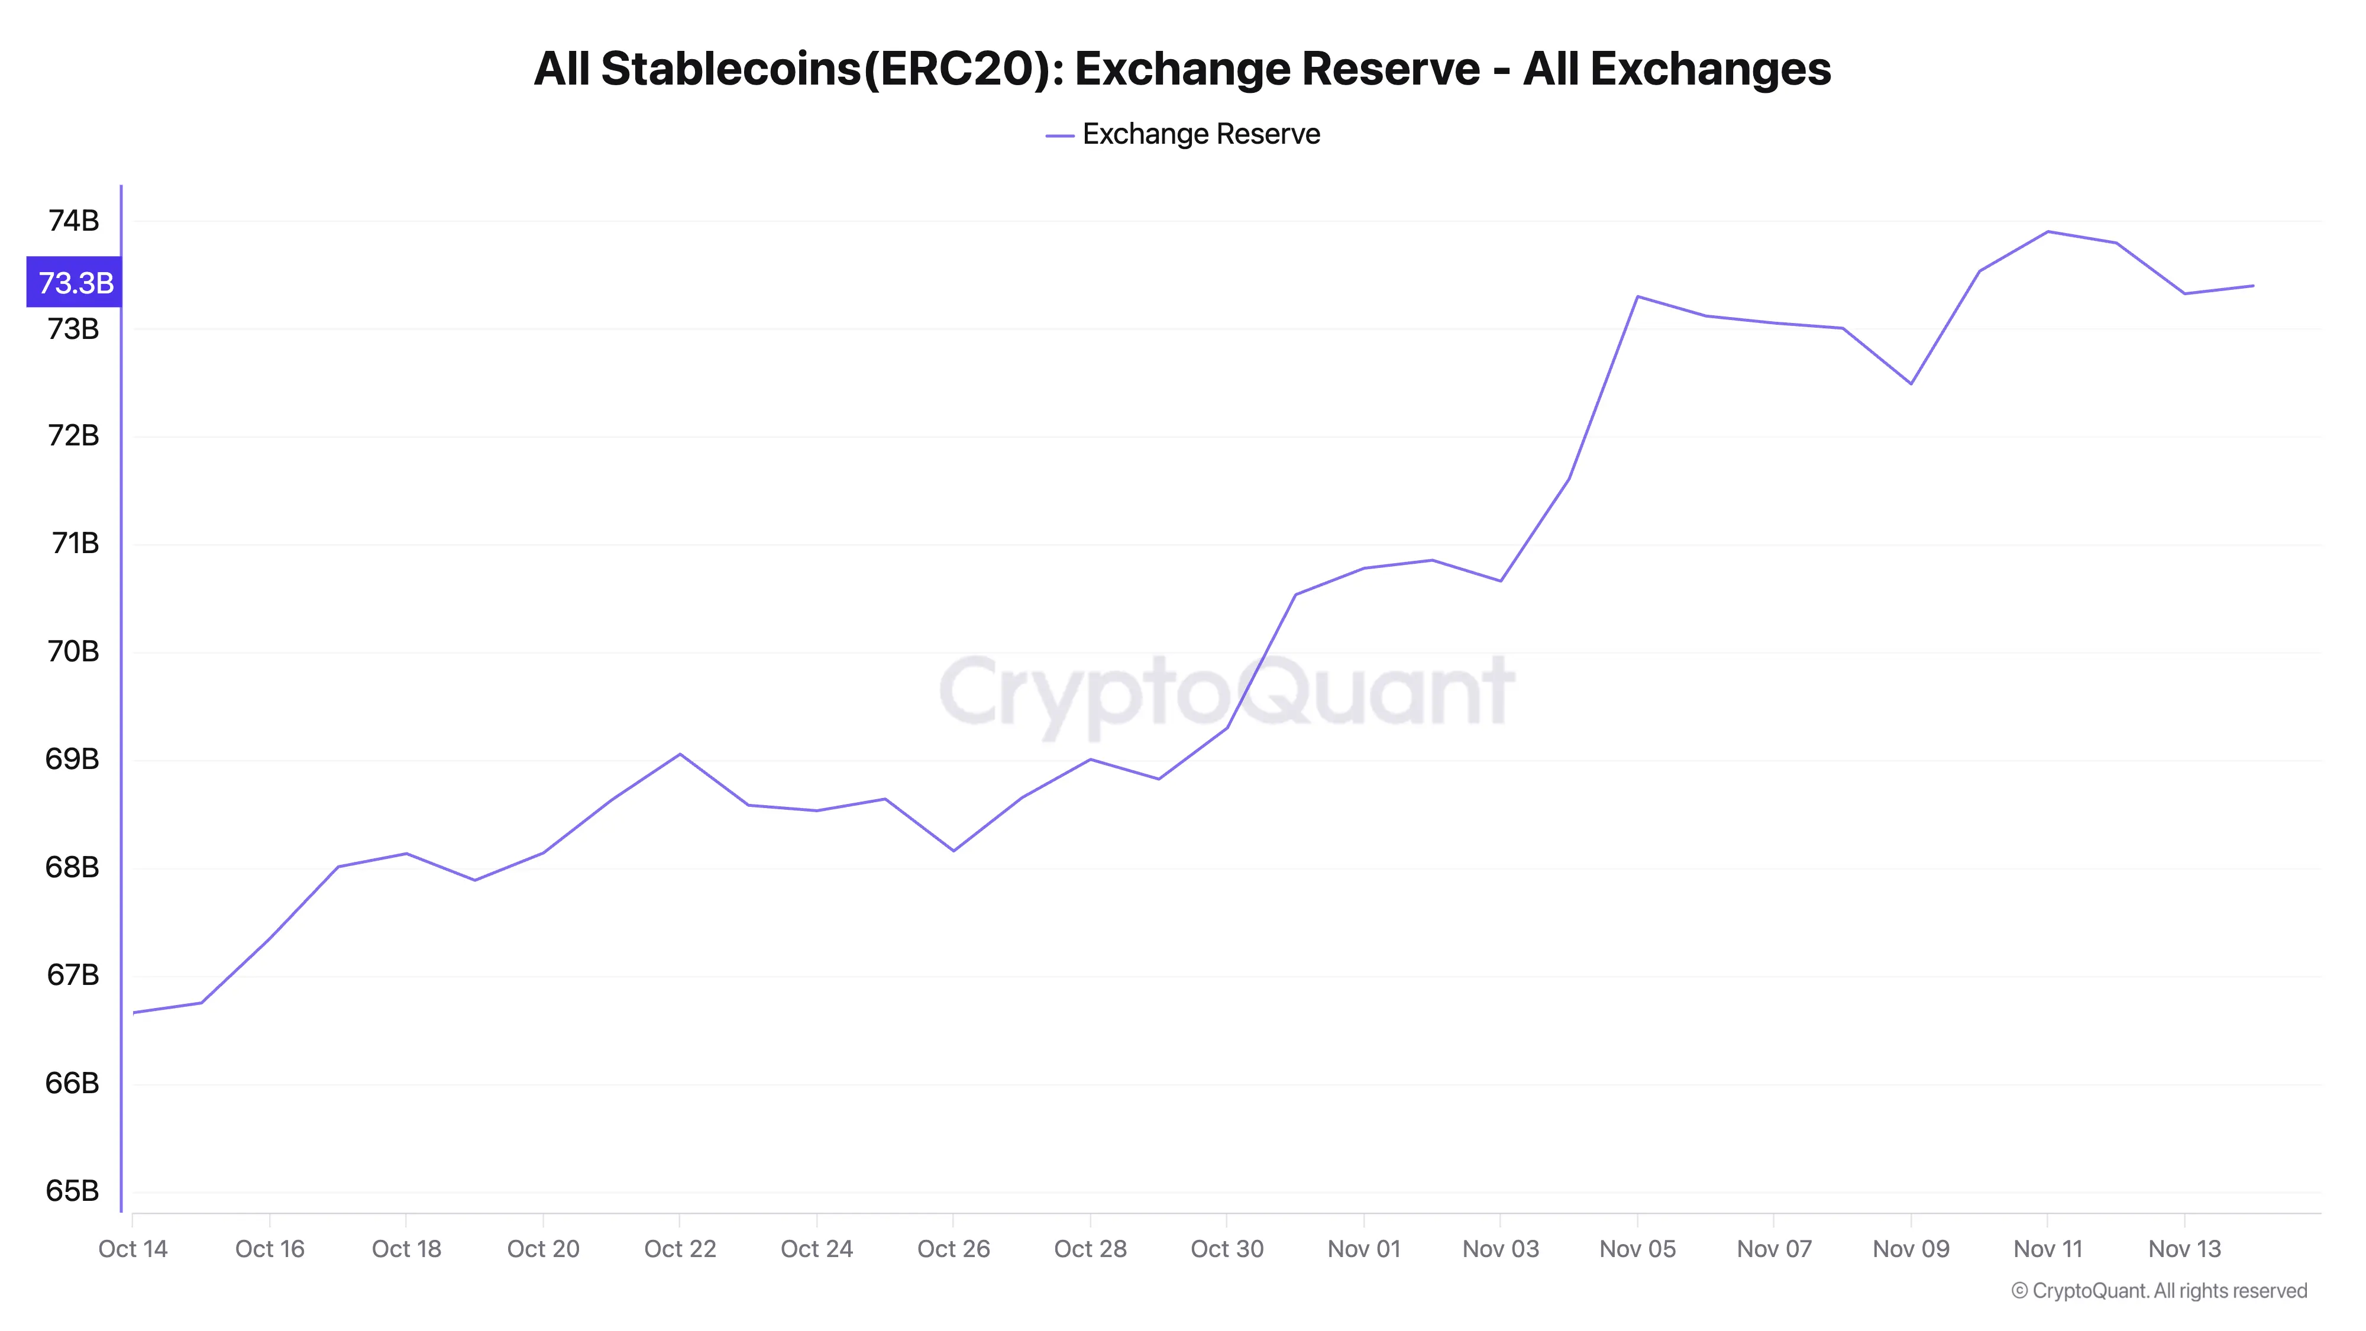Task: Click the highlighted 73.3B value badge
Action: (x=75, y=282)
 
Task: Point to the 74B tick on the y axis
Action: (x=73, y=221)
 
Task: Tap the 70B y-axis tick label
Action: (x=73, y=652)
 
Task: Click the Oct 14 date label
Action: (x=133, y=1249)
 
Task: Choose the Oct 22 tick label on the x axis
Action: (x=680, y=1249)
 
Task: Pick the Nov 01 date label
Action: (x=1364, y=1249)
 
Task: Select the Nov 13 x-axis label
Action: (x=2184, y=1249)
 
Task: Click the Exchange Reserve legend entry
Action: (x=1183, y=134)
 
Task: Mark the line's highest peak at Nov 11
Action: (x=2047, y=231)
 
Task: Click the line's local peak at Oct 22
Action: (x=680, y=754)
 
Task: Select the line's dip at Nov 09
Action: (x=1911, y=384)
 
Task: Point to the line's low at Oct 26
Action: (x=953, y=851)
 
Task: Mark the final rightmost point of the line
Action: (x=2253, y=286)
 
